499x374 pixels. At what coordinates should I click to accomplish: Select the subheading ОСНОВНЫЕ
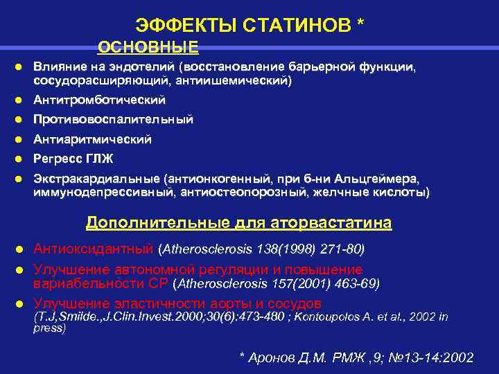tap(148, 47)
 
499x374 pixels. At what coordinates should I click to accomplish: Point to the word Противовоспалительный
tap(113, 120)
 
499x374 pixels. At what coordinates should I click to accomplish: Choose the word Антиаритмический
tap(92, 139)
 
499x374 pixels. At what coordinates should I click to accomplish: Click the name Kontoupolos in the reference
tap(331, 317)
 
